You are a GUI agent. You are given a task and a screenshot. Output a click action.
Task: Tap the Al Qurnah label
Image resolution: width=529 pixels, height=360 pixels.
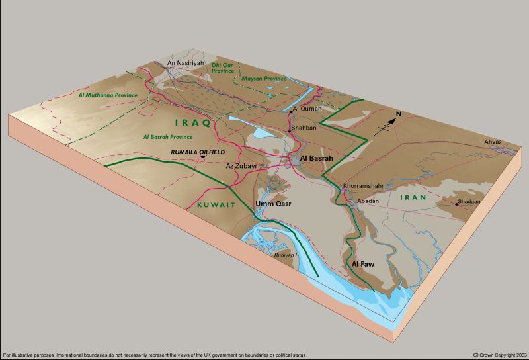306,108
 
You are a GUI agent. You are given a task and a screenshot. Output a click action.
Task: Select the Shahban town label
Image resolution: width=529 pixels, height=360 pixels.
304,128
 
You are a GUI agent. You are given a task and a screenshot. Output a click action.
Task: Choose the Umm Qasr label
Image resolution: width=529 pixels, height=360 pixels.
273,204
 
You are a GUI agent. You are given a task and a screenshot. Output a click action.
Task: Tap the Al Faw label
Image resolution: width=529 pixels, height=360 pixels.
364,265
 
